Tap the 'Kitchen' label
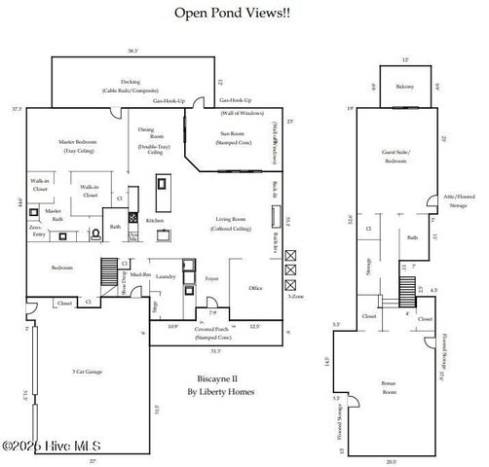pyautogui.click(x=154, y=220)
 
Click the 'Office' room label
pyautogui.click(x=255, y=288)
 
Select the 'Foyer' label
pyautogui.click(x=211, y=278)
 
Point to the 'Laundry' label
pyautogui.click(x=165, y=276)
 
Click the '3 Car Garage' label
pyautogui.click(x=89, y=372)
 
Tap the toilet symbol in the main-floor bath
pyautogui.click(x=95, y=234)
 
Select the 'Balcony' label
pyautogui.click(x=405, y=88)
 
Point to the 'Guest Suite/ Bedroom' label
pyautogui.click(x=395, y=157)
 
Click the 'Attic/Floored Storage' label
pyautogui.click(x=458, y=201)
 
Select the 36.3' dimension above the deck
pyautogui.click(x=132, y=51)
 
